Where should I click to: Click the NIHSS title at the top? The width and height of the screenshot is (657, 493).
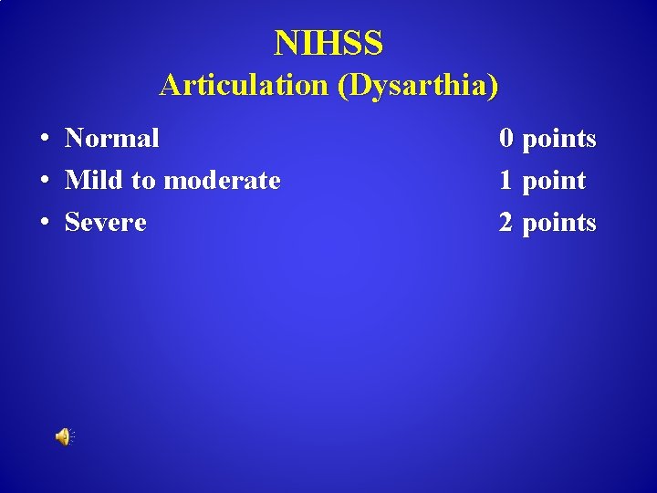[x=328, y=42]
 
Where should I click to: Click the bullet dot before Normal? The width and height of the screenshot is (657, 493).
[x=44, y=139]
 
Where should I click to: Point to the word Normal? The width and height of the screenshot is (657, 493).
[x=112, y=139]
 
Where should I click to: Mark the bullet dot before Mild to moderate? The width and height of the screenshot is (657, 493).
[x=44, y=181]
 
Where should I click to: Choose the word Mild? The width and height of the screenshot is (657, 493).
[x=95, y=181]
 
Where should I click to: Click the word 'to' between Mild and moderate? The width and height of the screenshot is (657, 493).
[x=143, y=181]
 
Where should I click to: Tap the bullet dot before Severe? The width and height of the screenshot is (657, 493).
[x=44, y=223]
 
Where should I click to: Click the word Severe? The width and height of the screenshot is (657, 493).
[x=106, y=223]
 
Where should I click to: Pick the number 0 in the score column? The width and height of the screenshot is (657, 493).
[x=506, y=139]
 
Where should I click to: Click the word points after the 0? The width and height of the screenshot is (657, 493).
[x=558, y=140]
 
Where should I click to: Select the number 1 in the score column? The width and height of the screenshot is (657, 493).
[x=506, y=181]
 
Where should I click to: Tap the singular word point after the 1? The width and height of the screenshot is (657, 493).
[x=554, y=182]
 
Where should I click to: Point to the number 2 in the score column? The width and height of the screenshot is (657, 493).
[x=506, y=223]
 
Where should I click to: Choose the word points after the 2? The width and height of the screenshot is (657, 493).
[x=558, y=224]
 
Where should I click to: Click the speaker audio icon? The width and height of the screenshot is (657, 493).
[x=63, y=437]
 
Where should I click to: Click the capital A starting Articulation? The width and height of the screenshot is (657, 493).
[x=170, y=85]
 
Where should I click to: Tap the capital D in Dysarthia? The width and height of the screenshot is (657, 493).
[x=358, y=85]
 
